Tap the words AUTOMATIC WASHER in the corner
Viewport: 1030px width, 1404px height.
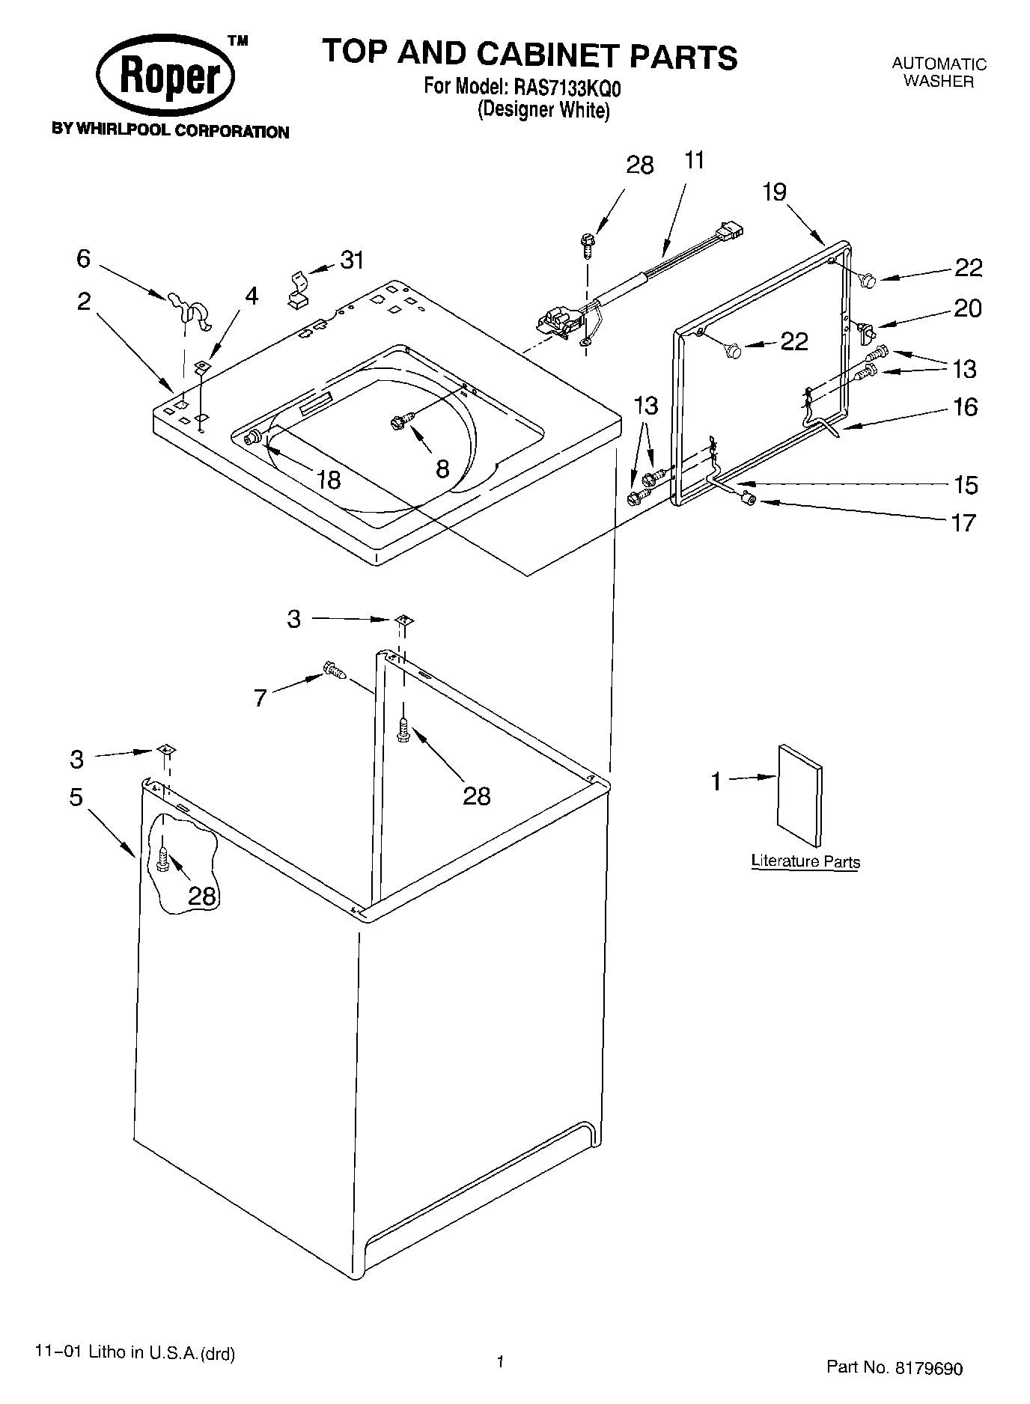pos(939,73)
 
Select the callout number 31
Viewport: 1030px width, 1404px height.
pos(352,260)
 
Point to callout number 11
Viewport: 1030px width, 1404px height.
pos(695,161)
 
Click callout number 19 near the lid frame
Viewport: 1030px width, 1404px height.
pos(775,192)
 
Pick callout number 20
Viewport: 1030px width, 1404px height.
pos(967,308)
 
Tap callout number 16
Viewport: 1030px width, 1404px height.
pos(966,407)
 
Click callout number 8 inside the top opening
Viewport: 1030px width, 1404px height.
pos(442,469)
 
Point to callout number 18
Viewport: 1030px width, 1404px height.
pos(329,479)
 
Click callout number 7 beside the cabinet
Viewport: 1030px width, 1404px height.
pos(260,698)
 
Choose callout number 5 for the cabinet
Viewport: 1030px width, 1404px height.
pos(76,797)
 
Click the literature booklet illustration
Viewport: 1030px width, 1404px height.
pos(799,796)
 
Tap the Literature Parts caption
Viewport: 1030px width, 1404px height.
pos(805,861)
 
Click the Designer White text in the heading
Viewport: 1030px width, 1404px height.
pos(544,110)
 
